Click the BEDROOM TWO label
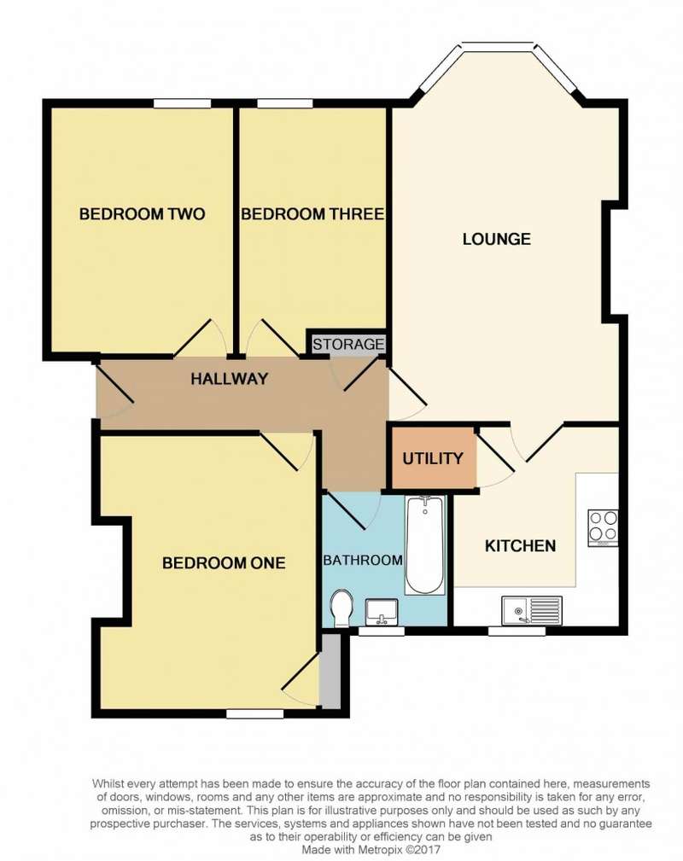click(x=142, y=213)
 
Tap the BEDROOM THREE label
click(x=312, y=213)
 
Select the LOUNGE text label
click(x=496, y=239)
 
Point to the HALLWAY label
click(x=229, y=378)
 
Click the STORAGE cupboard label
click(x=348, y=344)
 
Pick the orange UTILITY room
click(x=433, y=457)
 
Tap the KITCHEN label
click(x=520, y=546)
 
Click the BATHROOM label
click(x=363, y=560)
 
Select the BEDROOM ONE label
click(x=224, y=563)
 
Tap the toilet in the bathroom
click(x=341, y=608)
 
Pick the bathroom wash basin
click(x=382, y=612)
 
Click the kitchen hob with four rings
click(x=603, y=527)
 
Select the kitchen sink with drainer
click(x=532, y=611)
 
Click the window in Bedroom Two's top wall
click(x=182, y=104)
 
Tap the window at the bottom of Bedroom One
click(x=255, y=713)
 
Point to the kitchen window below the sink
click(x=517, y=631)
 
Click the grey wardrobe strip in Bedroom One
click(x=330, y=671)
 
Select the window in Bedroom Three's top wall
click(x=284, y=104)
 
